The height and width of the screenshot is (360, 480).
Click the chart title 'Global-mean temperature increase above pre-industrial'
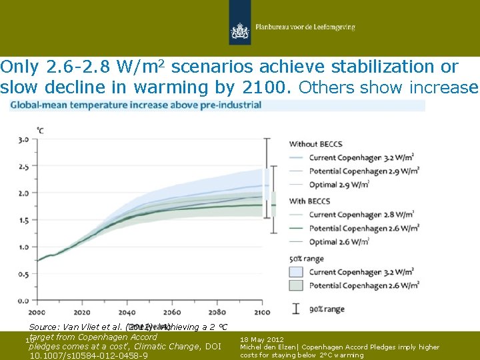[x=135, y=105]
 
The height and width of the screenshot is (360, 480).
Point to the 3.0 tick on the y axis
[x=23, y=139]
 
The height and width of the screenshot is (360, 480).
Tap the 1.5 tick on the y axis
[x=23, y=220]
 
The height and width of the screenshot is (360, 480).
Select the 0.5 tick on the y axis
[x=23, y=273]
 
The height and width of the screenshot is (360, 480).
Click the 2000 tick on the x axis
[x=37, y=312]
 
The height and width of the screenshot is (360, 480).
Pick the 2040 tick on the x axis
[x=127, y=312]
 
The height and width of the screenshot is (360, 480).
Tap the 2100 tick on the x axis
[x=262, y=312]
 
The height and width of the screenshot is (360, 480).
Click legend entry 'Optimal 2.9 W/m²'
[x=346, y=184]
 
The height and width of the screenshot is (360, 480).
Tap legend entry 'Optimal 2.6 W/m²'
[x=346, y=241]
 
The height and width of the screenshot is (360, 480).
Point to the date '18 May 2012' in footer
[x=262, y=339]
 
